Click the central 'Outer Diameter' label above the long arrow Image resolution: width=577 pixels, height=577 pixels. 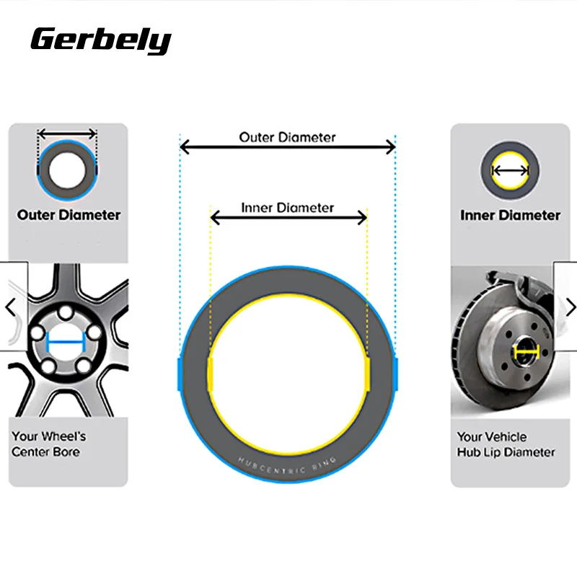tap(287, 136)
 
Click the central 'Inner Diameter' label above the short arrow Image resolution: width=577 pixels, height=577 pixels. tap(287, 208)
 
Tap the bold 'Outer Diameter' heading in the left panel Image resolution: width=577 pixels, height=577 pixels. tap(69, 215)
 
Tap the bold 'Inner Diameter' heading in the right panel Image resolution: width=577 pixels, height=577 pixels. tap(510, 215)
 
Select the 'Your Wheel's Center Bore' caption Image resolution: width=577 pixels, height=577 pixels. tap(49, 444)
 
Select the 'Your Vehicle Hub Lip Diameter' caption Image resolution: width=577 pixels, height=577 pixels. tap(506, 444)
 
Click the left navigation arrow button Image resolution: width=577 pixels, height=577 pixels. tap(10, 307)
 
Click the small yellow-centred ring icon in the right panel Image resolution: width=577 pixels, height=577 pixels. tap(510, 171)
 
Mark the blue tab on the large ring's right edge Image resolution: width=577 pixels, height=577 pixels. tap(395, 375)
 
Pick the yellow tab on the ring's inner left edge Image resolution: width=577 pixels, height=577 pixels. tap(211, 375)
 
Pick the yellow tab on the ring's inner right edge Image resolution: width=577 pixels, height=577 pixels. tap(366, 375)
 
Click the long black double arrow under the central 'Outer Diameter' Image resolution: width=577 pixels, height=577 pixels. tap(287, 148)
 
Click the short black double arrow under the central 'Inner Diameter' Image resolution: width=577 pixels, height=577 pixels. tap(287, 217)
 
